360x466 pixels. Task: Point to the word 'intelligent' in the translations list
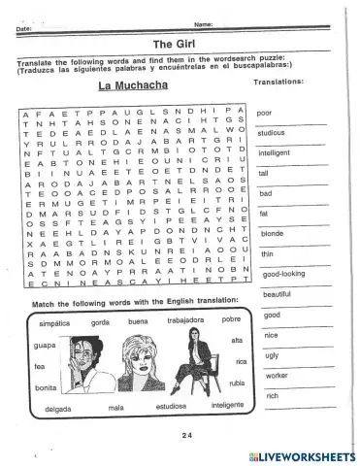(x=276, y=153)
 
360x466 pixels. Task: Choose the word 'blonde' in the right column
(x=272, y=233)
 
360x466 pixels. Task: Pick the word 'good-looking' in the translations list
(x=283, y=274)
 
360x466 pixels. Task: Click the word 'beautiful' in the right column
(x=277, y=293)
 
